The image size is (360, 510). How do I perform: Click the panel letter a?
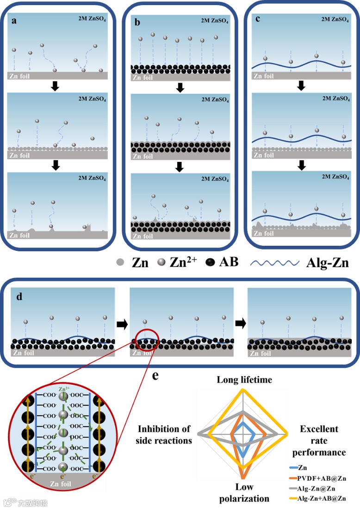(14, 21)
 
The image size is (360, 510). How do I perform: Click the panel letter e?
(156, 375)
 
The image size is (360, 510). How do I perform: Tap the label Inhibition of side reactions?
(164, 435)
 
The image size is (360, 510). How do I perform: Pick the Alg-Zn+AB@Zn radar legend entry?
(322, 498)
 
